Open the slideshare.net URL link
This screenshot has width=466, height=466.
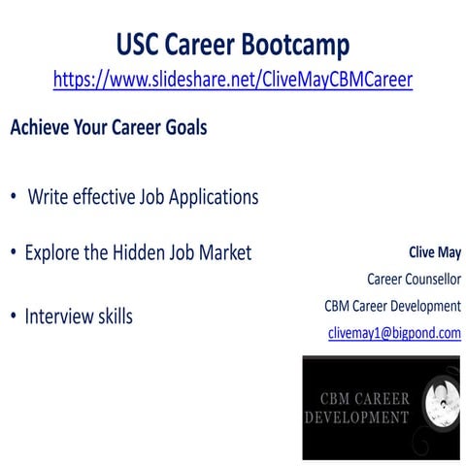click(x=233, y=80)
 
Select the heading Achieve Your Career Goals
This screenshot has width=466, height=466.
click(x=108, y=128)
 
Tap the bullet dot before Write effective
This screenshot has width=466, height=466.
click(x=14, y=197)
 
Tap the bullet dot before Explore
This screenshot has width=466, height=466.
click(x=14, y=253)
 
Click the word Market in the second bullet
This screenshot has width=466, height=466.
click(x=224, y=253)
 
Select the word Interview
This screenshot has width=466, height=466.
click(x=63, y=316)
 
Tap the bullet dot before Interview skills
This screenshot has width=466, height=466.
click(x=14, y=317)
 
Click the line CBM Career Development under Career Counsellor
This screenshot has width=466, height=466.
click(x=392, y=306)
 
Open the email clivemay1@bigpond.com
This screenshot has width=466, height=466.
click(x=394, y=333)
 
